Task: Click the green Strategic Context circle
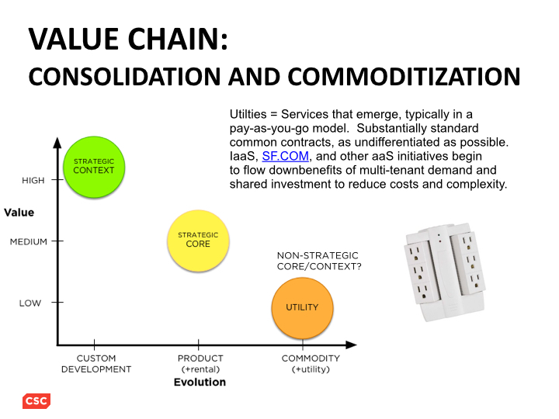point(94,167)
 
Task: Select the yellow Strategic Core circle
point(198,241)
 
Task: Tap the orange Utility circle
point(302,308)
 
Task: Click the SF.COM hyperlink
point(285,156)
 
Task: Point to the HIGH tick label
point(33,180)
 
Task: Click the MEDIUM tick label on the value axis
point(29,241)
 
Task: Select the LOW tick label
point(30,303)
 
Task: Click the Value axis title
point(19,213)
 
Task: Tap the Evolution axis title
point(200,382)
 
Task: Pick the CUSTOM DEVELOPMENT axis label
point(96,363)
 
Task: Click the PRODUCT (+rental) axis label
point(200,363)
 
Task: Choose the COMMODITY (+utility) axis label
point(311,363)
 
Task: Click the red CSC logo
point(36,401)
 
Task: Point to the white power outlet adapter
point(445,272)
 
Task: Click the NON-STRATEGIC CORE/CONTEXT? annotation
point(319,261)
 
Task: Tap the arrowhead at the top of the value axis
point(57,143)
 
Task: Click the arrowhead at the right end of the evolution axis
point(351,345)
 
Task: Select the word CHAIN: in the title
point(178,39)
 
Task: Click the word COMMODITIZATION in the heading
point(404,77)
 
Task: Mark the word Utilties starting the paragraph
point(248,114)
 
